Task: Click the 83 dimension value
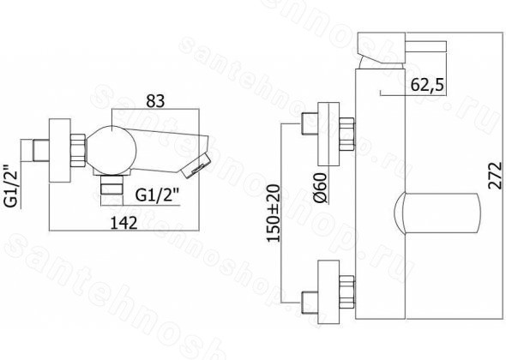tap(155, 101)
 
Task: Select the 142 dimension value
tap(123, 223)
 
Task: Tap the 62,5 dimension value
tap(427, 85)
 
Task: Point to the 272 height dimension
tap(496, 176)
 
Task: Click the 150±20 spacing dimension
tap(273, 213)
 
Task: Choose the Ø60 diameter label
tap(321, 188)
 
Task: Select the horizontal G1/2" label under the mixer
tap(157, 195)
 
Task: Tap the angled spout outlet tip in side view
tap(196, 165)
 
